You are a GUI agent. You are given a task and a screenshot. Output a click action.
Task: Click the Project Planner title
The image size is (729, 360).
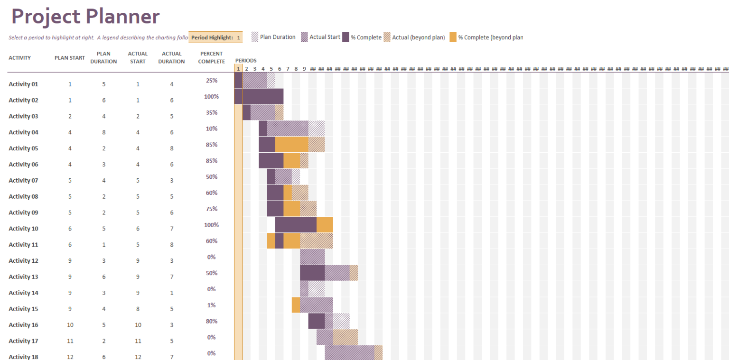click(x=85, y=17)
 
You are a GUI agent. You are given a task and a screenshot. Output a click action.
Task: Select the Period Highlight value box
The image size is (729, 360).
click(x=238, y=37)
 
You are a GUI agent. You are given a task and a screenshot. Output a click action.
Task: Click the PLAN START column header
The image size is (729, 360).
click(x=70, y=58)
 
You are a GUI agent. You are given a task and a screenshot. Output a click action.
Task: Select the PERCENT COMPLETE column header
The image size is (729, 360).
click(x=211, y=58)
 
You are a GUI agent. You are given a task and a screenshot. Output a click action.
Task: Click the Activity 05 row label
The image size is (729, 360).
click(x=23, y=148)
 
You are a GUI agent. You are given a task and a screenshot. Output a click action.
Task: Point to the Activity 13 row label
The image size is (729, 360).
click(x=23, y=277)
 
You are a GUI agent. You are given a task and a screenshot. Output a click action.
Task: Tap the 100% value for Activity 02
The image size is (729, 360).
click(x=211, y=97)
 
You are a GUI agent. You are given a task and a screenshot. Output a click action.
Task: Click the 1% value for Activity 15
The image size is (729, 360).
click(x=211, y=305)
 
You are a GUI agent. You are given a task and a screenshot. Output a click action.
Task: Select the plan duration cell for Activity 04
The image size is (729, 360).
click(x=104, y=132)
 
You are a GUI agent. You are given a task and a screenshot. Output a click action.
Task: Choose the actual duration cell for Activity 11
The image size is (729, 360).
click(x=172, y=245)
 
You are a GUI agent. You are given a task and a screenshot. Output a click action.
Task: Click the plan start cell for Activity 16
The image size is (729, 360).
click(x=70, y=325)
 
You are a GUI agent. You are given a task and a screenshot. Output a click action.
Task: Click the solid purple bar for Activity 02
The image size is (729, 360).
click(x=259, y=96)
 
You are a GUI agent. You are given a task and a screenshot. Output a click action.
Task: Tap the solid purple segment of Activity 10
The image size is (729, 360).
click(x=296, y=225)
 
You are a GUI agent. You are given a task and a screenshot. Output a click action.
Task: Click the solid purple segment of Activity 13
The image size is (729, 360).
click(x=312, y=273)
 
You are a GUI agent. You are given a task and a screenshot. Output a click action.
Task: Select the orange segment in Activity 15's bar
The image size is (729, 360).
click(x=296, y=305)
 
